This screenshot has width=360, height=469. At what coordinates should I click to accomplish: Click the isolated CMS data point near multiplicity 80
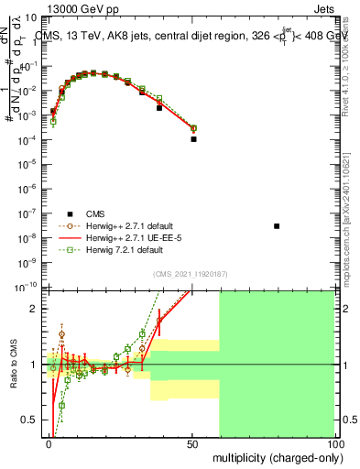click(277, 225)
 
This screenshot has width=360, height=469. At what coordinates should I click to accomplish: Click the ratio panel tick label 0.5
click(30, 420)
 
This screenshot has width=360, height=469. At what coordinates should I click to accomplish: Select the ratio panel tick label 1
click(34, 365)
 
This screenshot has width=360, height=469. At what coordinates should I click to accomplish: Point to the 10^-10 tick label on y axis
click(27, 286)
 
